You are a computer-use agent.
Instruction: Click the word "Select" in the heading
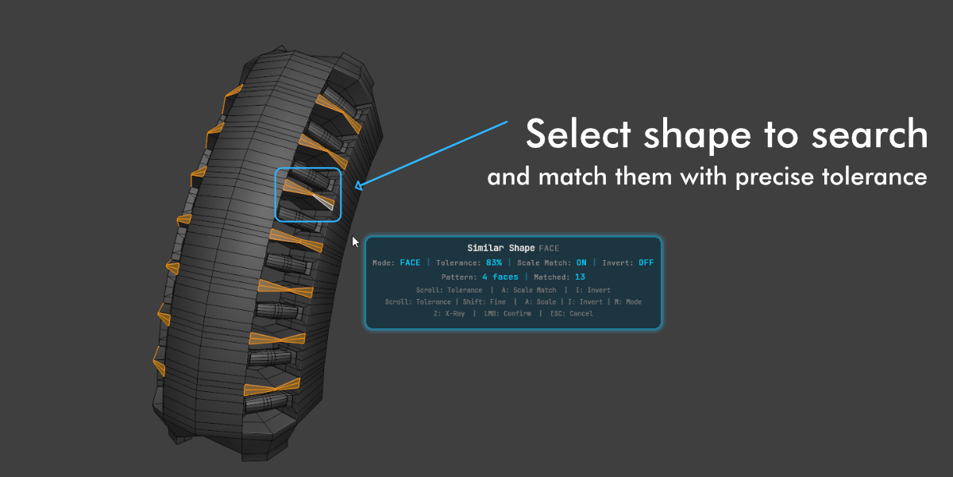578,134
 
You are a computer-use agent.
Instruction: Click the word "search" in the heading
870,134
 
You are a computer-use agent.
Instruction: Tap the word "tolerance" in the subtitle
874,176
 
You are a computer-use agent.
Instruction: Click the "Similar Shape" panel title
501,248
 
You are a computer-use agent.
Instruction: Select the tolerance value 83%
494,263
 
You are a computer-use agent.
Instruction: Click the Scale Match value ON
581,263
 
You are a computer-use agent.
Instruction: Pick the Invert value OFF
646,263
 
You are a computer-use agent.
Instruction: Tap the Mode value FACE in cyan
410,263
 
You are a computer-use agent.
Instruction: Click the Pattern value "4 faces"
500,277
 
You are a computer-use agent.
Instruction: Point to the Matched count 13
580,277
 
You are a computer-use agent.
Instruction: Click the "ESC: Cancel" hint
572,313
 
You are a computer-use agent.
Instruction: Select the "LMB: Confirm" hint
507,313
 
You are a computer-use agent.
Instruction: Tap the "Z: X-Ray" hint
449,313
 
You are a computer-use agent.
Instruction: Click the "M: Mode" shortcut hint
628,302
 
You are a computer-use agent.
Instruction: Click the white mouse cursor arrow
355,242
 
